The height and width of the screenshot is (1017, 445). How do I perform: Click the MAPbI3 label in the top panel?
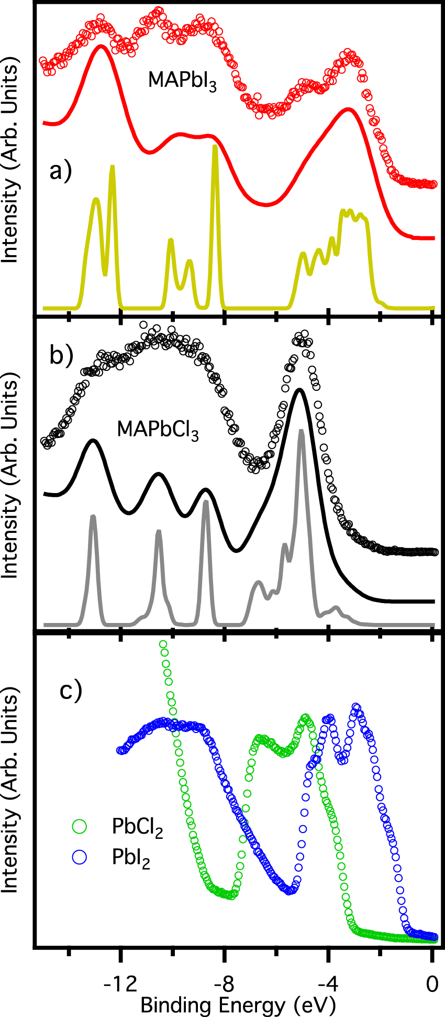click(182, 81)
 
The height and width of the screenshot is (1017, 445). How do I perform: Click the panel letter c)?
click(71, 690)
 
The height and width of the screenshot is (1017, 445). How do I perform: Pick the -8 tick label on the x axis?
click(224, 984)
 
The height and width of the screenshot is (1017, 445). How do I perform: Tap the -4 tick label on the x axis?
click(328, 984)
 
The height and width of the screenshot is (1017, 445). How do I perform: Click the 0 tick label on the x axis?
click(432, 984)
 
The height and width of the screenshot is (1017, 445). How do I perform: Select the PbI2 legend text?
click(131, 858)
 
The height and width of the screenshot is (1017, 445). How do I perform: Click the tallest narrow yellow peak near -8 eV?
click(215, 148)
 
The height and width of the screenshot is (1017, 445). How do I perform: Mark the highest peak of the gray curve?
click(301, 432)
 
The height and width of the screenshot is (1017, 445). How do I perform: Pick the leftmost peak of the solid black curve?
click(93, 441)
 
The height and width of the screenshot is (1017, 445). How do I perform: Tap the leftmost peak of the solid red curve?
click(101, 47)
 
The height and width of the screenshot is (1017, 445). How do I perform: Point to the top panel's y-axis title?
click(10, 157)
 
